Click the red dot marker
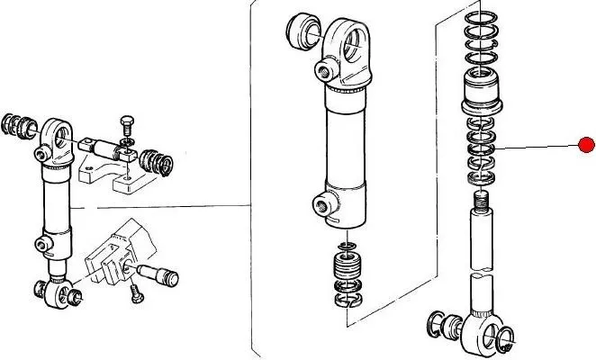pyautogui.click(x=587, y=145)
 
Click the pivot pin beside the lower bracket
pyautogui.click(x=158, y=274)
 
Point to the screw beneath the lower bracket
pyautogui.click(x=135, y=291)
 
